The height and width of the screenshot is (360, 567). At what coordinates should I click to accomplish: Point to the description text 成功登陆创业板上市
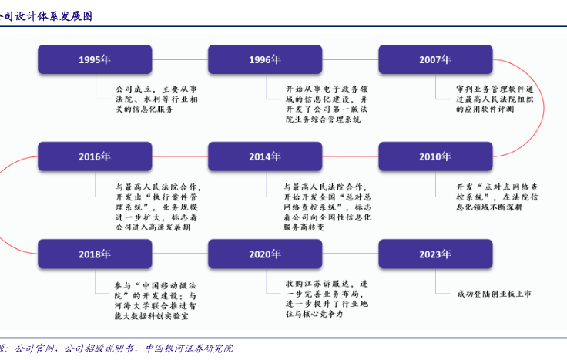(493, 294)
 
